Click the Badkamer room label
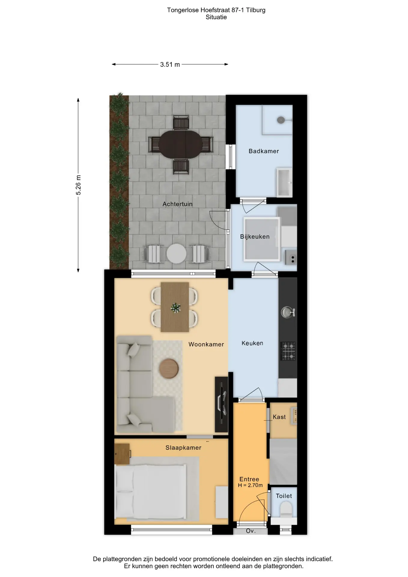(263, 151)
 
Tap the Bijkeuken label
(255, 237)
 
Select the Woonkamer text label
(206, 344)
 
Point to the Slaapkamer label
(183, 448)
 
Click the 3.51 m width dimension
(170, 64)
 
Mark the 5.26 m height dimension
(78, 185)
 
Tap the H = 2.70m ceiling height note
(250, 485)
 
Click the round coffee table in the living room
(169, 368)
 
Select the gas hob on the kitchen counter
(288, 351)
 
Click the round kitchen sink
(287, 312)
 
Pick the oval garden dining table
(181, 144)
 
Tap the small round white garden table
(176, 253)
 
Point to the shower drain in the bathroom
(280, 120)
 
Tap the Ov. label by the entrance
(251, 531)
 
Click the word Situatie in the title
(216, 17)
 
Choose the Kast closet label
(279, 417)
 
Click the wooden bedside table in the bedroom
(122, 454)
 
